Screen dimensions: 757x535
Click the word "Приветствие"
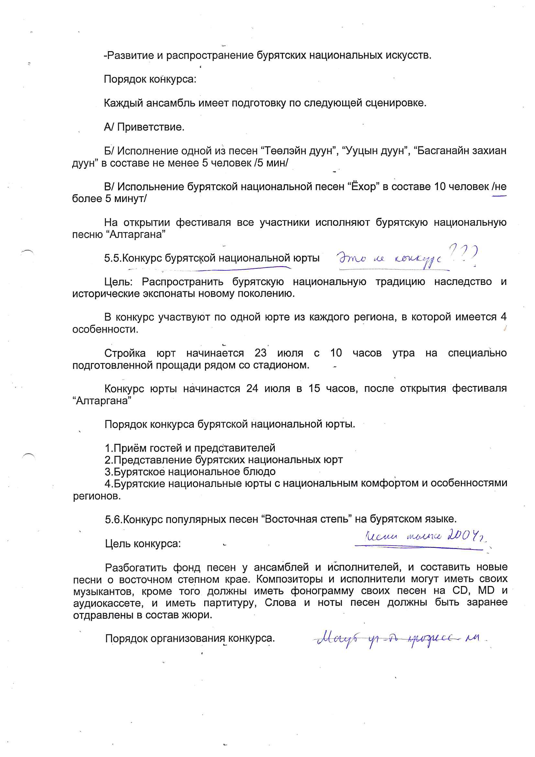(150, 127)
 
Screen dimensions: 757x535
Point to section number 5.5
(113, 258)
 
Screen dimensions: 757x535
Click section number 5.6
(113, 519)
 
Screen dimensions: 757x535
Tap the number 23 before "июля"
(261, 353)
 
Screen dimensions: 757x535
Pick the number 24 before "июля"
(252, 389)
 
